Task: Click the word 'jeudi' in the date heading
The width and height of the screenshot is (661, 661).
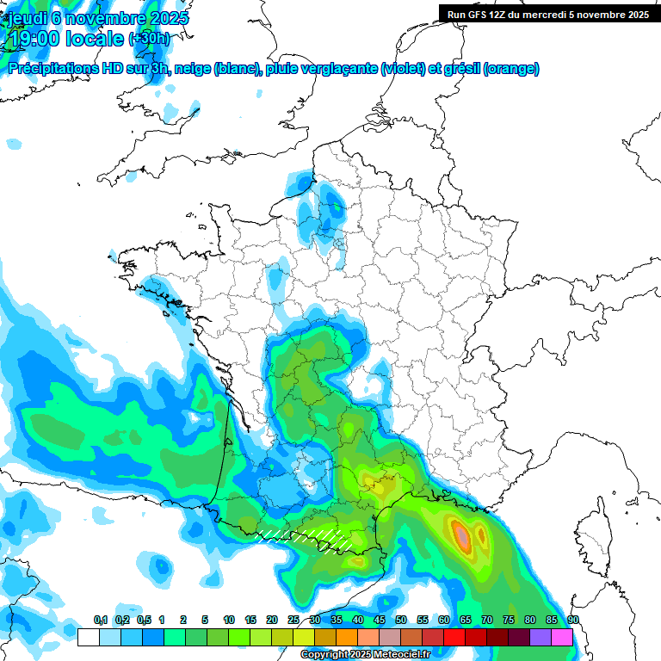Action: (24, 18)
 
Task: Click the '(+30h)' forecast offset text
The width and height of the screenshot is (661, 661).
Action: (149, 38)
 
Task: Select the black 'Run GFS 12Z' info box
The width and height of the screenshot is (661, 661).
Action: (547, 14)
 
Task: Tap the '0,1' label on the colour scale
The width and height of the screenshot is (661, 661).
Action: (100, 620)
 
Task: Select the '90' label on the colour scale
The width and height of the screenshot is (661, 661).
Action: (572, 620)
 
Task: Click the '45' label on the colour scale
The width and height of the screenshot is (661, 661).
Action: (380, 620)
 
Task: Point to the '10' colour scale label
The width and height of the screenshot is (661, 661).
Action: (229, 620)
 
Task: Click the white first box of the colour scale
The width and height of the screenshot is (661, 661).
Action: (88, 637)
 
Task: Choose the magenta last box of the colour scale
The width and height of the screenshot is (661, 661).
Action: (561, 637)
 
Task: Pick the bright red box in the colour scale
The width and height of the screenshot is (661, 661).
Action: (454, 637)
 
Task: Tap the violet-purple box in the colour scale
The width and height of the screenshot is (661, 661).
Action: (540, 637)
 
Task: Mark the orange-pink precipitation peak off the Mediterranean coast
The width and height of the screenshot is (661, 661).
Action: (463, 536)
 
